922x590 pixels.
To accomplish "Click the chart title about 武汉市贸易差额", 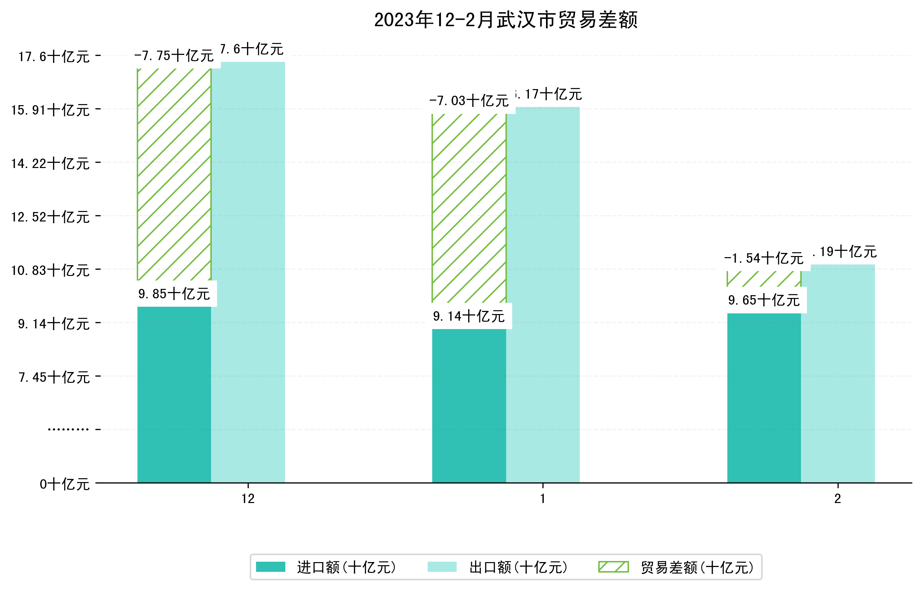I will coord(505,20).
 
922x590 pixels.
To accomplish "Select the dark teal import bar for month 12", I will coord(174,395).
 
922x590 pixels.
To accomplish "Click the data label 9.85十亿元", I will coord(174,294).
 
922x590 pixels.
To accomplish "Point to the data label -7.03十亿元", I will coord(469,101).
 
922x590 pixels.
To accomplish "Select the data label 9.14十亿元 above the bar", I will coord(469,316).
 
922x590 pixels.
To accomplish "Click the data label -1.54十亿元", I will coord(764,258).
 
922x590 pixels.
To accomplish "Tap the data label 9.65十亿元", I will coord(764,300).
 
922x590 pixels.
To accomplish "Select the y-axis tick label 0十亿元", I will coord(65,484).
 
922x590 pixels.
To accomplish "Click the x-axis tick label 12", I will coord(248,499).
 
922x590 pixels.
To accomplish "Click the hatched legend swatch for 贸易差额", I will coord(613,567).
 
